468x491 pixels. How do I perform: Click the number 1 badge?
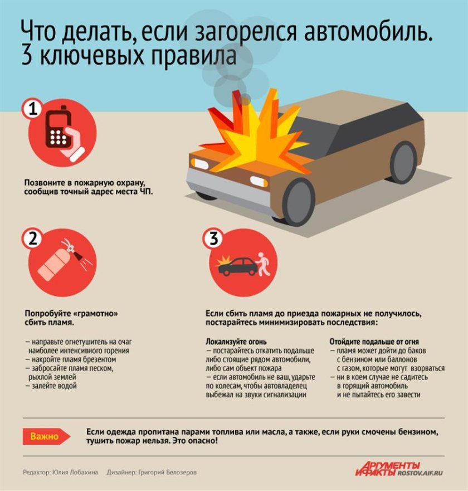[33, 109]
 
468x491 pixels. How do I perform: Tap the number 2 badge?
[33, 239]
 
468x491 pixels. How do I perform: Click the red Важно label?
[45, 436]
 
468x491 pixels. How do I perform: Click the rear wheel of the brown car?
[403, 162]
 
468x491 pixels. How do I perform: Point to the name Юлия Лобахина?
[76, 472]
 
